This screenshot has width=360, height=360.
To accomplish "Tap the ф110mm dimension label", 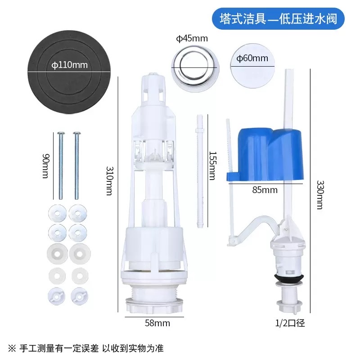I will point(69,65).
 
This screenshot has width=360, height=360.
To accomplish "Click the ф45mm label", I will point(192,39).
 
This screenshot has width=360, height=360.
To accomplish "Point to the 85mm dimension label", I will point(265,189).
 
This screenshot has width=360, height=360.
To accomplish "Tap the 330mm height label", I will point(320,195).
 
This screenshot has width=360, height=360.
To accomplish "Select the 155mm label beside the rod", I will point(211,165).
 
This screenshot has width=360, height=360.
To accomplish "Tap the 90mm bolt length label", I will point(45,166).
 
